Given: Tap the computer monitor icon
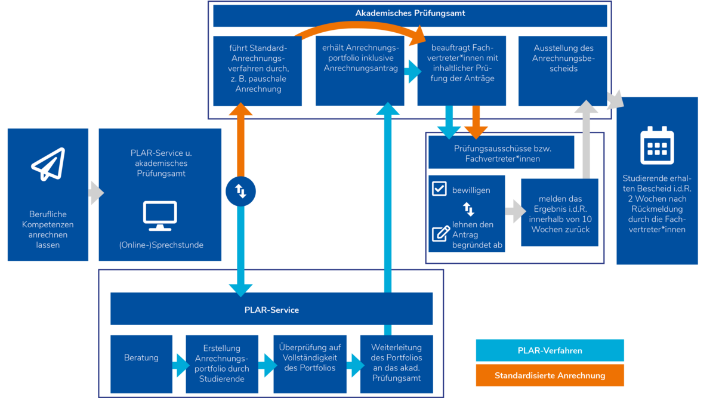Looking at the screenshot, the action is [160, 215].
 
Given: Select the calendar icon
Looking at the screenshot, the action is [657, 146].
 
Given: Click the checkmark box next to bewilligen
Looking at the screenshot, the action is [439, 189].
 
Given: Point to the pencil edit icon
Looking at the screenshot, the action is [441, 234].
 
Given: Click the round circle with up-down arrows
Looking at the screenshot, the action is [240, 191].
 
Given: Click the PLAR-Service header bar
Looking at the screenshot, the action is [271, 309].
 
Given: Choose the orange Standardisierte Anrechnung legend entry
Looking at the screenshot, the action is [550, 375].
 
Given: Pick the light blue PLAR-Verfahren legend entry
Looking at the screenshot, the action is [550, 350].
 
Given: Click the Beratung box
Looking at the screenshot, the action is [141, 364].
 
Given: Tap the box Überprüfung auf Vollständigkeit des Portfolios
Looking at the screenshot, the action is [310, 364].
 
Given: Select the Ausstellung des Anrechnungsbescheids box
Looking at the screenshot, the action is [563, 71].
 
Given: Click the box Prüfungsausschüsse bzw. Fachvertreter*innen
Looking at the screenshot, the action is [501, 152].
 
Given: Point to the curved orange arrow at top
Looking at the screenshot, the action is [360, 26].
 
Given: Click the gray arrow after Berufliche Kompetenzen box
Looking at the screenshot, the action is [96, 193].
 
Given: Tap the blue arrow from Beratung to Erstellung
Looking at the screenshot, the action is [181, 365].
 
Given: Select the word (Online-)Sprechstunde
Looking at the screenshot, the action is [161, 245].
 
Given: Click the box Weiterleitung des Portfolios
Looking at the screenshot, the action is [396, 364].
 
